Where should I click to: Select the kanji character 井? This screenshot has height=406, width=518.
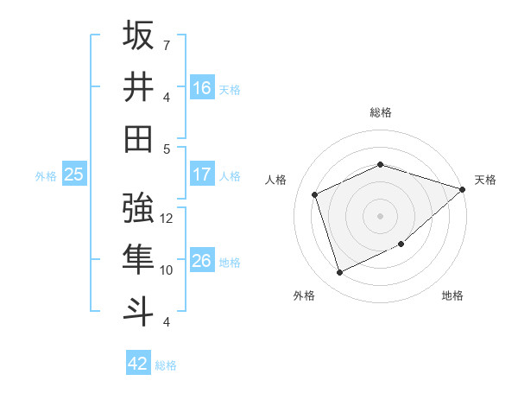pos(139,87)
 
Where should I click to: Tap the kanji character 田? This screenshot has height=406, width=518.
pos(139,138)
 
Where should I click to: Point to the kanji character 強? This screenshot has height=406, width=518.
pos(139,209)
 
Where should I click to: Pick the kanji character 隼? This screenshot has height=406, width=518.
pos(139,260)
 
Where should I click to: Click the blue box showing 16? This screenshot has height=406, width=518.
pos(202,87)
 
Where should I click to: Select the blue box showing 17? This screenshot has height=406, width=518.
pos(202,174)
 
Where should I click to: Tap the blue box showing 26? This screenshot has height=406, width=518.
pos(202,261)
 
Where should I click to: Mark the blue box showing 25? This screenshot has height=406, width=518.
pos(73,174)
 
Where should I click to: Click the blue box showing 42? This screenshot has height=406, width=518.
pos(138,364)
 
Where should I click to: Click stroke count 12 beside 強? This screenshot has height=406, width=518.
pos(167,219)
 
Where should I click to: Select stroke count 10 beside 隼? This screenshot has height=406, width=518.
pos(167,270)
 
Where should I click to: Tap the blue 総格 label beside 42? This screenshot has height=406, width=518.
pos(166,365)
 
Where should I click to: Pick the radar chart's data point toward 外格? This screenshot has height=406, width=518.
pos(339,273)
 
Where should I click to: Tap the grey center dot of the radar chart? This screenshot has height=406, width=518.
pos(380,215)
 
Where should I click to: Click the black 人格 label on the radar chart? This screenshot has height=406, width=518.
pos(276,180)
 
